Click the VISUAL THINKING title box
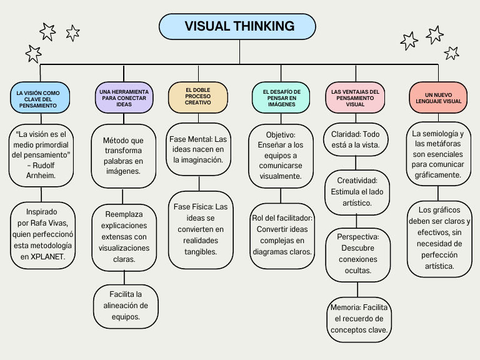pyautogui.click(x=239, y=26)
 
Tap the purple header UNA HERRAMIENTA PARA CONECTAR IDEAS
pyautogui.click(x=124, y=97)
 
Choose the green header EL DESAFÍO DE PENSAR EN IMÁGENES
pyautogui.click(x=281, y=97)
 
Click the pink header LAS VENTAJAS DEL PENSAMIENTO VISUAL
pyautogui.click(x=355, y=97)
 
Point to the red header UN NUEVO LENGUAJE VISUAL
pyautogui.click(x=438, y=97)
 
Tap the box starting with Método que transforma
pyautogui.click(x=124, y=156)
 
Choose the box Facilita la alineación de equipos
pyautogui.click(x=126, y=306)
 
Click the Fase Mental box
pyautogui.click(x=199, y=149)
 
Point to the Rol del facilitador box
pyautogui.click(x=282, y=235)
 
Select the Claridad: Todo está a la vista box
pyautogui.click(x=356, y=139)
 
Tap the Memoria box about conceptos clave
pyautogui.click(x=359, y=319)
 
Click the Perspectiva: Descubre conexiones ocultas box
pyautogui.click(x=357, y=253)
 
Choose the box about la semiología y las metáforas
pyautogui.click(x=438, y=154)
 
